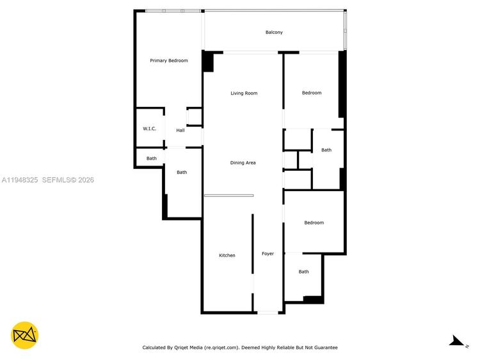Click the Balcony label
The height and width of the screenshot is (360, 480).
point(274,32)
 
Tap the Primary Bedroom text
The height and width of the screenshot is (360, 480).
point(169,61)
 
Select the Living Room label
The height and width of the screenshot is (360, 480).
point(244,93)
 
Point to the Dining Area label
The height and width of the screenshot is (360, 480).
point(243,162)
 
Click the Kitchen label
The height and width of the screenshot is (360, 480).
point(227,255)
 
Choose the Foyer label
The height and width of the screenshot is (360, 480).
point(268,254)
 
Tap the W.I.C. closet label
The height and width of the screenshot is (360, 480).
point(149,129)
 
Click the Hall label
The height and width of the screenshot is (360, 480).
point(180,130)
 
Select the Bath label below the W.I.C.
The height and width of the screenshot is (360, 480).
point(152,159)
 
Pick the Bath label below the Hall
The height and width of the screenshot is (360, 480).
point(182,173)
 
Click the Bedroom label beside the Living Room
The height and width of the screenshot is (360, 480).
point(312,93)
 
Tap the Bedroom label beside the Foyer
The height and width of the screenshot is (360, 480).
point(314,223)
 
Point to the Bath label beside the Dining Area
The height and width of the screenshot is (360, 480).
point(326,150)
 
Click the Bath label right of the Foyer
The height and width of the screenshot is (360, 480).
point(303,272)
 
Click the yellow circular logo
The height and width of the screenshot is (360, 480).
point(24,335)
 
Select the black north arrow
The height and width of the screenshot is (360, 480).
point(457,341)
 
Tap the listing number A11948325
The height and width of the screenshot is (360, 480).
point(20,180)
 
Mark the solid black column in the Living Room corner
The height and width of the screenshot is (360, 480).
point(208,61)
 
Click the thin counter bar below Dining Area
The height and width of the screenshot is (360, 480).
point(229,196)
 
